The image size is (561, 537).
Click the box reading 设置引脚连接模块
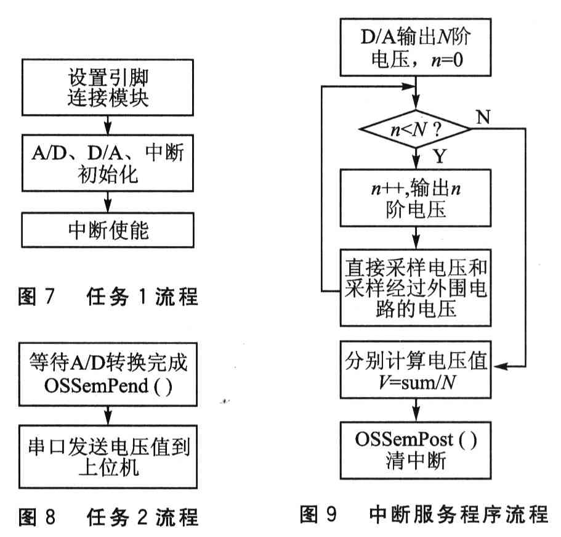[x=108, y=88]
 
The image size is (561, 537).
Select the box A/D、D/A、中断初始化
[x=108, y=163]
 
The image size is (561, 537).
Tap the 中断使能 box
[x=108, y=230]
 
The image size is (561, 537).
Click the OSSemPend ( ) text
[x=108, y=386]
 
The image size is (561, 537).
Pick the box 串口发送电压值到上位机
[x=108, y=457]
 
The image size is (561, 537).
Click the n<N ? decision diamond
[x=416, y=129]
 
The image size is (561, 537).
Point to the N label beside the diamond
[x=483, y=117]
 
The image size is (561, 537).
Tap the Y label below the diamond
[x=440, y=156]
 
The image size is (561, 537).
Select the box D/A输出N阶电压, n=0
[x=416, y=47]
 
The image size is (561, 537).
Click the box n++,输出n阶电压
[x=416, y=198]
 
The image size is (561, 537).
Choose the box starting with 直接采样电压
[x=416, y=288]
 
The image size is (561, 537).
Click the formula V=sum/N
[x=417, y=383]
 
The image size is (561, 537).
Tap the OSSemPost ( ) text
[x=416, y=440]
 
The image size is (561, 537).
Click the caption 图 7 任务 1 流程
[x=108, y=297]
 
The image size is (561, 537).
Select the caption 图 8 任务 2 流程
[x=108, y=517]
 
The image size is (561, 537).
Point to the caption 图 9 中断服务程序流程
[x=424, y=514]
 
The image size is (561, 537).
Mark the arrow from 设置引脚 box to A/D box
[x=108, y=125]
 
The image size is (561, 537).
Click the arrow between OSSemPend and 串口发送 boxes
[x=108, y=416]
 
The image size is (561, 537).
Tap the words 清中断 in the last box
[x=416, y=461]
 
